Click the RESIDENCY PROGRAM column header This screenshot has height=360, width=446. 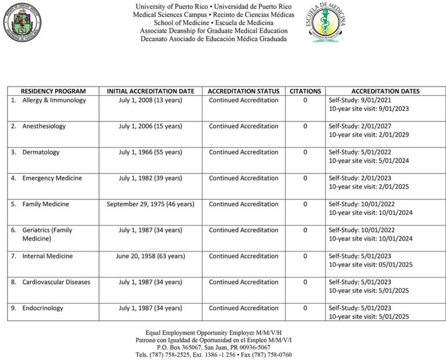[53, 91]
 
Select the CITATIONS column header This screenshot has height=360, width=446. [305, 91]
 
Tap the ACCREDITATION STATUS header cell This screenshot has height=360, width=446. [243, 91]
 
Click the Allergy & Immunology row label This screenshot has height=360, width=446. [54, 100]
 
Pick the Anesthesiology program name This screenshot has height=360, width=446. [44, 127]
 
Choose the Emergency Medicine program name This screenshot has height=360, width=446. [52, 178]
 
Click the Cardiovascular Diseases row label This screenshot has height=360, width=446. [56, 282]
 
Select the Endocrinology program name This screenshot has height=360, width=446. [43, 308]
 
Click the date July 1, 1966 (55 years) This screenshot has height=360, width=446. [150, 153]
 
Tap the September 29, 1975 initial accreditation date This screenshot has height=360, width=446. [150, 204]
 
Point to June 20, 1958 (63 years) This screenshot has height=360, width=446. [150, 256]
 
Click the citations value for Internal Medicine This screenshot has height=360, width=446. [305, 256]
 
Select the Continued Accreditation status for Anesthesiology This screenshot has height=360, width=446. [243, 127]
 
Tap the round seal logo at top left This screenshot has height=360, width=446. [23, 23]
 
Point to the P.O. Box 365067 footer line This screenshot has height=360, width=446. [213, 347]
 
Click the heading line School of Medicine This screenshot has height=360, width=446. [213, 23]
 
